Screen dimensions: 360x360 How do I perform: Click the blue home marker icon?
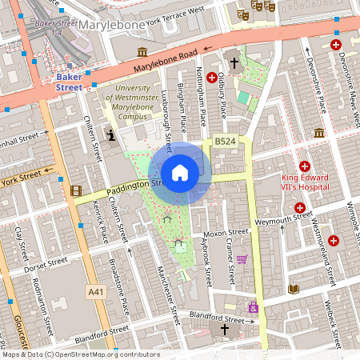coord(180,173)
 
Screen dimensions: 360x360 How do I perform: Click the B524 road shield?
coord(225,142)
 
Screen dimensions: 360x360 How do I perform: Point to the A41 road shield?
coord(95,292)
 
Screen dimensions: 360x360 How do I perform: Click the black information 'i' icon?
coord(110,136)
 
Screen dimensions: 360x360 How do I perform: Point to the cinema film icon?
coord(76,190)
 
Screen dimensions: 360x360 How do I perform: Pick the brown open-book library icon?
coord(294,288)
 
